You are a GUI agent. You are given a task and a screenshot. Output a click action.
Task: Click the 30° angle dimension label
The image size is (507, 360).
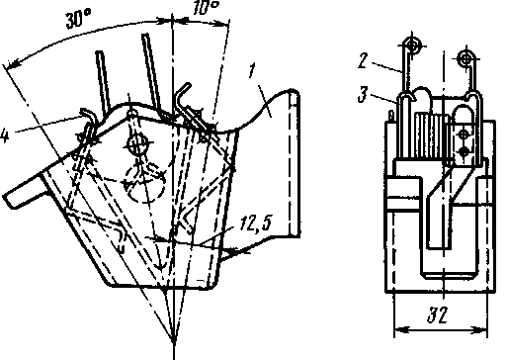(78, 19)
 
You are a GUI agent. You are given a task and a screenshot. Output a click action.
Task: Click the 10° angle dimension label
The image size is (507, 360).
(206, 7)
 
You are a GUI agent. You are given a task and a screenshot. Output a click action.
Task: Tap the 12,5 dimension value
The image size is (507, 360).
(256, 224)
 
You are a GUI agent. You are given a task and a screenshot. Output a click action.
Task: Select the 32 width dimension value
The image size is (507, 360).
(438, 315)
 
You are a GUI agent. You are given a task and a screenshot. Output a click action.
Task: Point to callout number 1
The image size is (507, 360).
(252, 70)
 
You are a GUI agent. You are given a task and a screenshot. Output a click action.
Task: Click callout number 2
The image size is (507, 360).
(363, 60)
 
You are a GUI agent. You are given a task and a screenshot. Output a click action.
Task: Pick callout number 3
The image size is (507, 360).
(363, 95)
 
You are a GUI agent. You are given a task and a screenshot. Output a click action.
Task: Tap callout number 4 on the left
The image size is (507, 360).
(4, 135)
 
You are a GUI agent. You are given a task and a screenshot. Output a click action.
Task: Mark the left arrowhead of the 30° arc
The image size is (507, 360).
(12, 64)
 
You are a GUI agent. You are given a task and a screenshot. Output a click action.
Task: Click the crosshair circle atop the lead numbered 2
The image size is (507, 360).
(412, 45)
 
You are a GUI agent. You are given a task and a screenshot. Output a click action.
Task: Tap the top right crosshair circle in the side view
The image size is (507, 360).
(466, 59)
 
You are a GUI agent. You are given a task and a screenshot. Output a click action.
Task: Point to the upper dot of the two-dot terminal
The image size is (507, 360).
(464, 135)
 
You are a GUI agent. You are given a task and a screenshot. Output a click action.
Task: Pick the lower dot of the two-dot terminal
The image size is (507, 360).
(464, 152)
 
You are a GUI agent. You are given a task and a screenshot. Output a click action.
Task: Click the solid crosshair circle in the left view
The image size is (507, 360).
(135, 142)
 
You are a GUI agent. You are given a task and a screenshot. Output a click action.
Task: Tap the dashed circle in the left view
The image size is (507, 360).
(145, 182)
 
